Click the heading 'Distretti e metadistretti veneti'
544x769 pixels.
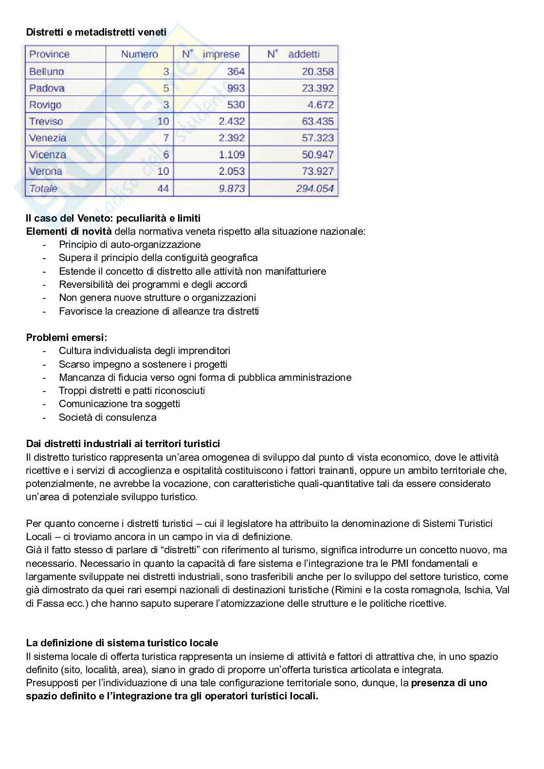(96, 32)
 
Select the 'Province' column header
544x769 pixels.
(49, 54)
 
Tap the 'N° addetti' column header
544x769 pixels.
(293, 54)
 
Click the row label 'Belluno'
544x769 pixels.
(47, 72)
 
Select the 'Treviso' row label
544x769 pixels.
(46, 121)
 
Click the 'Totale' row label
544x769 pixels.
(43, 188)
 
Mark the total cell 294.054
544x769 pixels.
(315, 188)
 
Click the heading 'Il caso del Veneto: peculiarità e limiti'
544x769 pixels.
(113, 218)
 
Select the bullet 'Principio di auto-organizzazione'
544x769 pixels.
(129, 244)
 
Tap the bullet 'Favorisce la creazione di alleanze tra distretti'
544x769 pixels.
(159, 311)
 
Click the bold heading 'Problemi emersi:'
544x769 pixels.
(67, 338)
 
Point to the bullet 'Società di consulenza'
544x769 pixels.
(108, 417)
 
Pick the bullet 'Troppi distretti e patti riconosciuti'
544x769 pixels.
(132, 391)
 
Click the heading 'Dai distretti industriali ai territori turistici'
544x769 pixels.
(123, 444)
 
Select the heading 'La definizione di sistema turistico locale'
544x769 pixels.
(122, 643)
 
